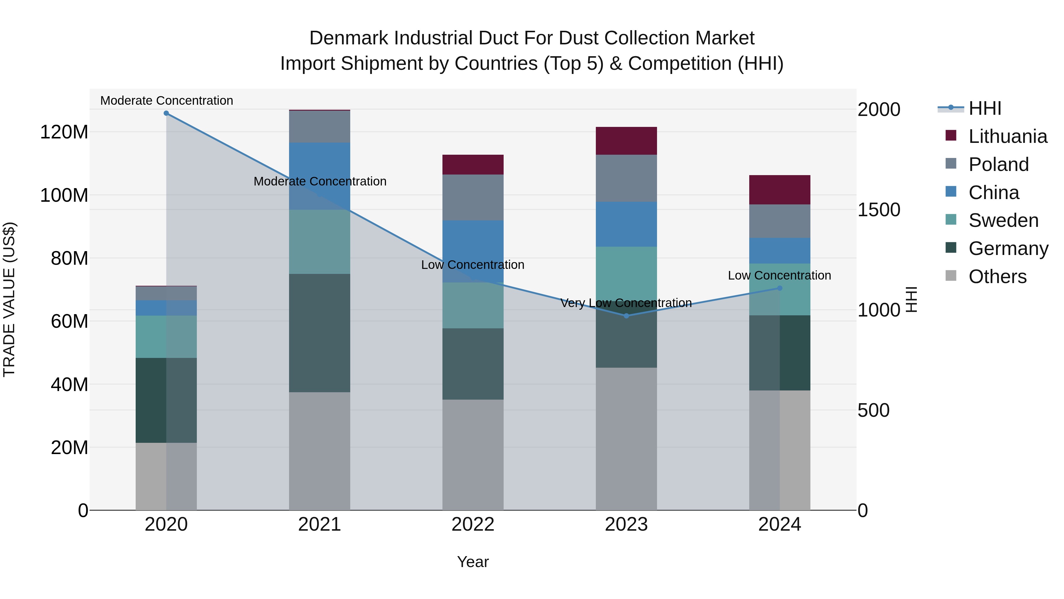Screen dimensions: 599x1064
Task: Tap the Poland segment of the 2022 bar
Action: point(473,197)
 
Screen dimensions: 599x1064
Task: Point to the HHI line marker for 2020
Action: point(166,113)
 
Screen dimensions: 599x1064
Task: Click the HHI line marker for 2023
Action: point(626,316)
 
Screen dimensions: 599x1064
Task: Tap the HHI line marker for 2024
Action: point(779,288)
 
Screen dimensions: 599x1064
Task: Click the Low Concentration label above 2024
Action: point(779,275)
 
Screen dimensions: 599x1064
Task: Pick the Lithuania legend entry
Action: point(1008,136)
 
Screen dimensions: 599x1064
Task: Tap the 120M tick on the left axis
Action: point(64,132)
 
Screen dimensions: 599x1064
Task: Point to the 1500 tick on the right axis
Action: point(879,210)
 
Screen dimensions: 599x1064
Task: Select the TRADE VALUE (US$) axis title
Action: point(9,299)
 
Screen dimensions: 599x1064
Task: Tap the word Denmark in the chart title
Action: point(349,38)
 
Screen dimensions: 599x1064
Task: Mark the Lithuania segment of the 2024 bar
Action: point(779,190)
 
